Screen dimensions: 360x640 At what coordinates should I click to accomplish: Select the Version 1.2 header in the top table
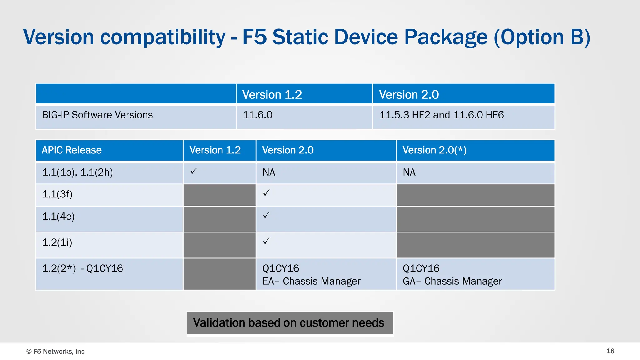point(272,94)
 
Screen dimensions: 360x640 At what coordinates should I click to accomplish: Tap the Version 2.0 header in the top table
point(409,94)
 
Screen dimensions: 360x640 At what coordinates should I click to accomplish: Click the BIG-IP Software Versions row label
point(97,115)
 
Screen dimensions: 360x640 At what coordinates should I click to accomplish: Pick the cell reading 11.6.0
point(257,115)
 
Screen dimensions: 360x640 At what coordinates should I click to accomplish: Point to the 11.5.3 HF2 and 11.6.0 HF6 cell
point(442,115)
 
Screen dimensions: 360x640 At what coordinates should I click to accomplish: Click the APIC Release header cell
point(72,150)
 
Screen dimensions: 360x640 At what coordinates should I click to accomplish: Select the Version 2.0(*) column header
point(434,150)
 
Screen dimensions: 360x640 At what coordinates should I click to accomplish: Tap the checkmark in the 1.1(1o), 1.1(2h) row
point(194,171)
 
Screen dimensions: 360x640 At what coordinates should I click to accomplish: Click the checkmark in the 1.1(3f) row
point(267,193)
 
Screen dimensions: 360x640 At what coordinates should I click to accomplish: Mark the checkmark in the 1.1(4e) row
point(267,215)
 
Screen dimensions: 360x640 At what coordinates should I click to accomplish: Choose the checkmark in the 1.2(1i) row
point(267,241)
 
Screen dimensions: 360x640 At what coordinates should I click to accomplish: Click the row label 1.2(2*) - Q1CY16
point(82,268)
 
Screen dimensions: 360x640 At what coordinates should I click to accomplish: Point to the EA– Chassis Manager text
point(311,281)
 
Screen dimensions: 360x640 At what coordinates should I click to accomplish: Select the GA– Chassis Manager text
point(452,281)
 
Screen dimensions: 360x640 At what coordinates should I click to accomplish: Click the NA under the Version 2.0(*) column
point(409,172)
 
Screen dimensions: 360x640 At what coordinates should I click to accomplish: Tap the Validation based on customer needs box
point(290,323)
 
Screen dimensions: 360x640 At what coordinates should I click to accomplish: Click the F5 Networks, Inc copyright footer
point(55,352)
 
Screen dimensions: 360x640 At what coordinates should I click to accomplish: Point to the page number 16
point(610,351)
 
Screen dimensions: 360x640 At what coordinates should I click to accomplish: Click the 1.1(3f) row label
point(57,194)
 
